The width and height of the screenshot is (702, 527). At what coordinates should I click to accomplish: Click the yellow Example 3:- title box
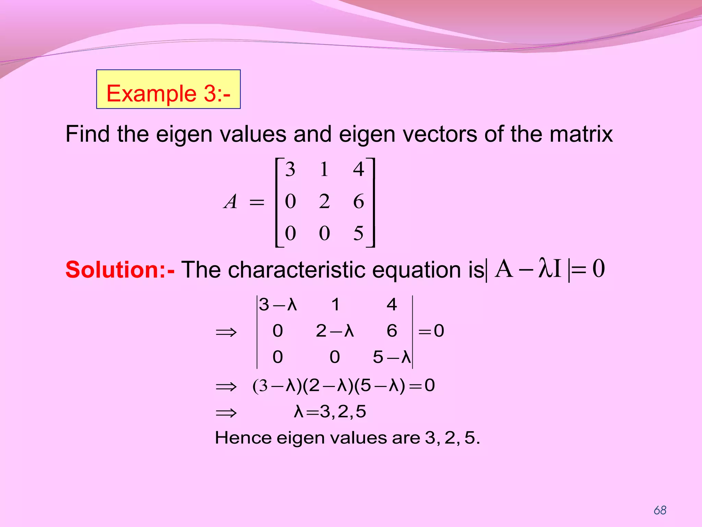(168, 90)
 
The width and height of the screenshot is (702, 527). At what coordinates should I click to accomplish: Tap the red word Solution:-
(120, 270)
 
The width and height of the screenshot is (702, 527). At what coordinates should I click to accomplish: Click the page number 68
(660, 510)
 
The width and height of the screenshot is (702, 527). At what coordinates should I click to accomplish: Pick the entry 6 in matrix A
(359, 201)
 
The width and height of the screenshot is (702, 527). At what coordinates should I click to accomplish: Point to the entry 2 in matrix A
(324, 201)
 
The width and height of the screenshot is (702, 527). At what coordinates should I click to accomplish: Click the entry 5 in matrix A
(359, 233)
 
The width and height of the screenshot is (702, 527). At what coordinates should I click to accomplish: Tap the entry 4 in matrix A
(359, 169)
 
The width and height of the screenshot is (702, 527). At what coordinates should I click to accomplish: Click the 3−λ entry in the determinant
(278, 305)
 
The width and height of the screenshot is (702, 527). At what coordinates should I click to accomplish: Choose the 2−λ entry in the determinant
(335, 331)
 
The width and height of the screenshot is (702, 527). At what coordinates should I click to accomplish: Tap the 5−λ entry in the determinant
(391, 358)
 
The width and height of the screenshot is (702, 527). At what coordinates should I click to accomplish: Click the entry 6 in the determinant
(392, 331)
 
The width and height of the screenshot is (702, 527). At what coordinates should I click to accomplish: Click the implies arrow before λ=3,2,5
(226, 412)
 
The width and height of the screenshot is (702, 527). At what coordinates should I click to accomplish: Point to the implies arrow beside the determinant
(226, 332)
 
